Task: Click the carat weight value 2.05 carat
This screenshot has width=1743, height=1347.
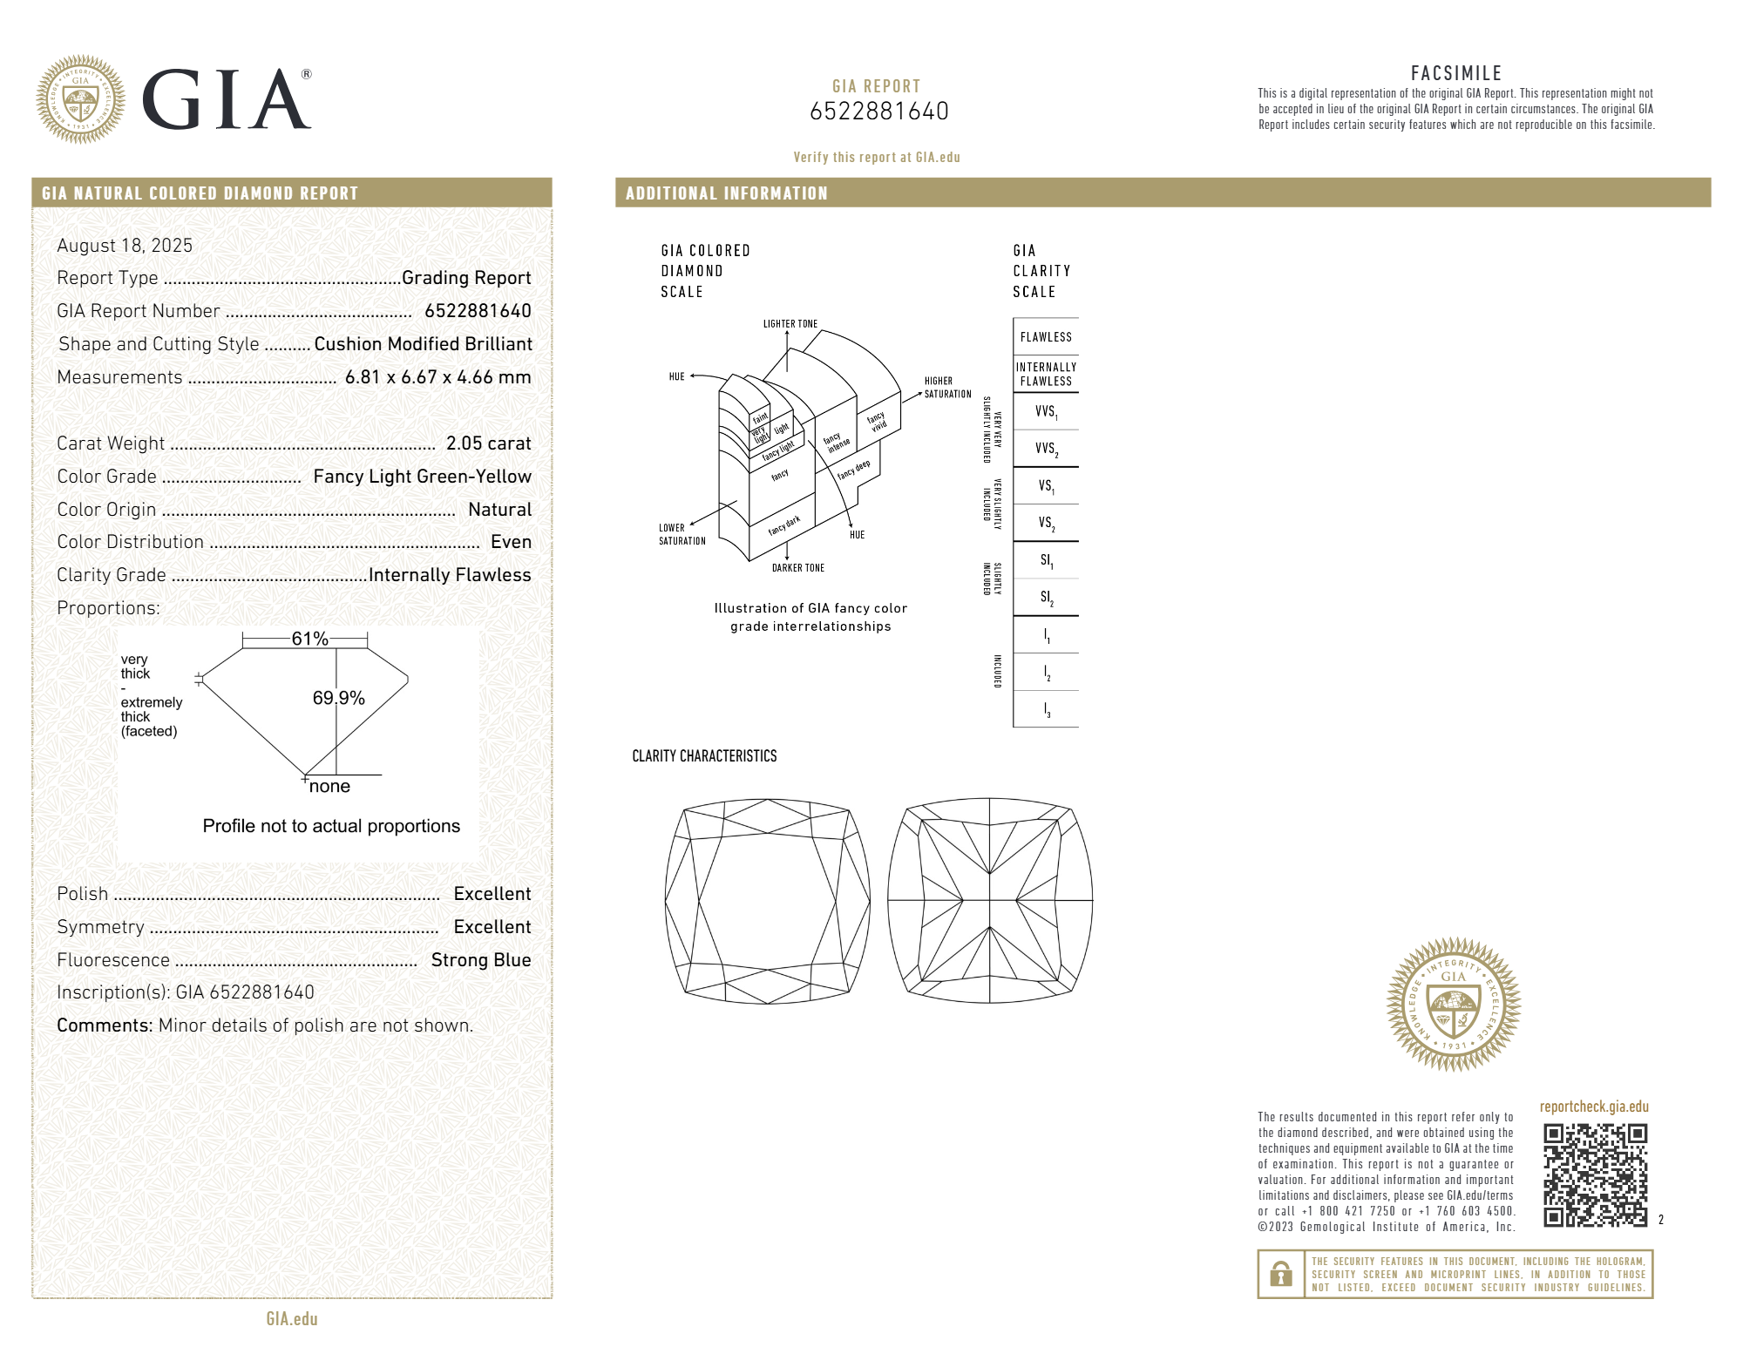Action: click(488, 443)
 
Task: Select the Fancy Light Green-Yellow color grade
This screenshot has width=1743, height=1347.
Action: click(422, 477)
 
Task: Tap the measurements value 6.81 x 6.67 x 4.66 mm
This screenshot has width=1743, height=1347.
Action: click(437, 377)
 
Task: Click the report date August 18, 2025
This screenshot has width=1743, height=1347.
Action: click(125, 246)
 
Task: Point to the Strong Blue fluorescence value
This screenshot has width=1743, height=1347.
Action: click(481, 960)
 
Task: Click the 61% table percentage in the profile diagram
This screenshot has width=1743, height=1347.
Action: click(309, 639)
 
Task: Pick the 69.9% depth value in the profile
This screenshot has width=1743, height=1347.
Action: click(338, 698)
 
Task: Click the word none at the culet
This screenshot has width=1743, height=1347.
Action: click(329, 786)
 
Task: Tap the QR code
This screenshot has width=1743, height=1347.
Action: click(1595, 1174)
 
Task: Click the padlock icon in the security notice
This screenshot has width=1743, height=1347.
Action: click(1280, 1274)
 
